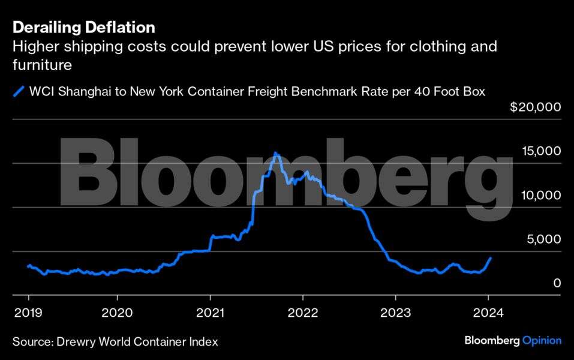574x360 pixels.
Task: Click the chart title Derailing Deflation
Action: tap(84, 28)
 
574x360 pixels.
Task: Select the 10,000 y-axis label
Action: tap(540, 195)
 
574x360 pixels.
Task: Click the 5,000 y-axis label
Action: tap(544, 239)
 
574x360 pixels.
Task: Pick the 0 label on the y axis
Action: tap(557, 283)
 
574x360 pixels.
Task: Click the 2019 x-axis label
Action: tap(28, 313)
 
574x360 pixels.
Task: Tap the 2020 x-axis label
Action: tap(118, 313)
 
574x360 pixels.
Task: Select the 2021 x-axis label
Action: tap(211, 313)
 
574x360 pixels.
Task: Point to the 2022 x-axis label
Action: tap(303, 313)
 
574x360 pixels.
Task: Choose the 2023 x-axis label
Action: tap(395, 313)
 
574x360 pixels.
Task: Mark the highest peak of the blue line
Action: tap(275, 153)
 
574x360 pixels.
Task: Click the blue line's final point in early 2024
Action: tap(491, 258)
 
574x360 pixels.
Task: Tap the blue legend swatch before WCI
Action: tap(20, 92)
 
